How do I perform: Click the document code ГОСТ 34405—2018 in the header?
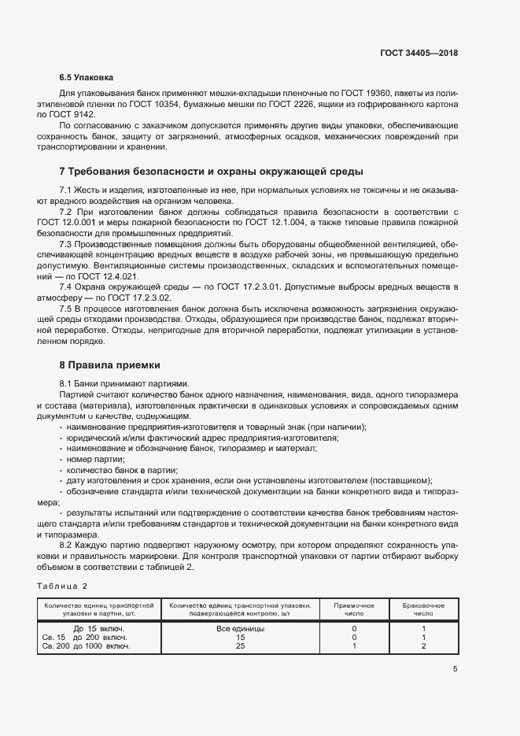tap(419, 53)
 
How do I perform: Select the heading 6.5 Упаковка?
tap(87, 78)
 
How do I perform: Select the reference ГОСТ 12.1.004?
tap(277, 223)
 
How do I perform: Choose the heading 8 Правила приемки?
tap(109, 365)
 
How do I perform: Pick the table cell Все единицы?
tap(240, 629)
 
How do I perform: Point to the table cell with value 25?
tap(240, 646)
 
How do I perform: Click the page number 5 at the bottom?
tap(455, 670)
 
